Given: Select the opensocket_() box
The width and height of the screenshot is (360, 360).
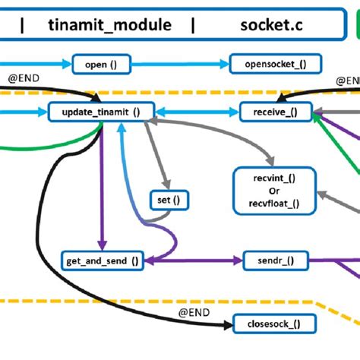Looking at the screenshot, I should point(268,65).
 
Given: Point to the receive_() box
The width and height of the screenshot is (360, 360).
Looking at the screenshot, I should point(270,112).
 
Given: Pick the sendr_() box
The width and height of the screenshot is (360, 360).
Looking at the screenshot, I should point(270,261).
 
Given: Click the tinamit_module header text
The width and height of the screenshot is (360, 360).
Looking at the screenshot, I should point(109,24).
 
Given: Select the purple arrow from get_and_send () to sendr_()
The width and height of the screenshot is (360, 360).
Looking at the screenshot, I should point(194,261).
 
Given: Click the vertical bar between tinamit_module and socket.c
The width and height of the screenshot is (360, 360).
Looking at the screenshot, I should point(194,24).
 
